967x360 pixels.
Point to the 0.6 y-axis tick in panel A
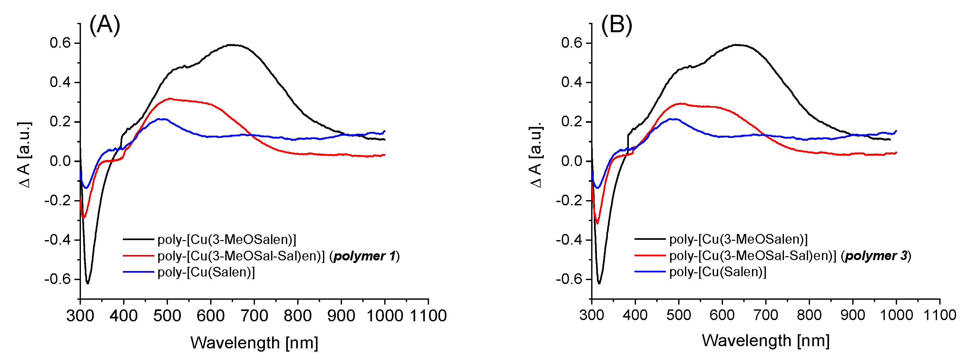click(60, 43)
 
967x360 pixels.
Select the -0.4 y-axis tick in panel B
click(569, 239)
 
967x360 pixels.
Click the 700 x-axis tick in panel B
click(766, 315)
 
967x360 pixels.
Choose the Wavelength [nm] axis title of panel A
click(254, 342)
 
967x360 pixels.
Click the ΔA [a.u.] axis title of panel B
click(536, 155)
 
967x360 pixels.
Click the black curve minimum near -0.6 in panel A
click(87, 283)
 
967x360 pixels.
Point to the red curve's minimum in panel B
click(597, 223)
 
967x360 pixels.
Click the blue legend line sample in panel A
click(138, 272)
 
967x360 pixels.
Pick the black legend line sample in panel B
click(650, 239)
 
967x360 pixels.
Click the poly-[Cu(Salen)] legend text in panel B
click(718, 272)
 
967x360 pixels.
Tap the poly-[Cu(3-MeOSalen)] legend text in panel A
click(227, 239)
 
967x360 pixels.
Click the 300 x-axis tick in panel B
click(591, 315)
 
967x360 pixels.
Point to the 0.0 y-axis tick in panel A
click(60, 161)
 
